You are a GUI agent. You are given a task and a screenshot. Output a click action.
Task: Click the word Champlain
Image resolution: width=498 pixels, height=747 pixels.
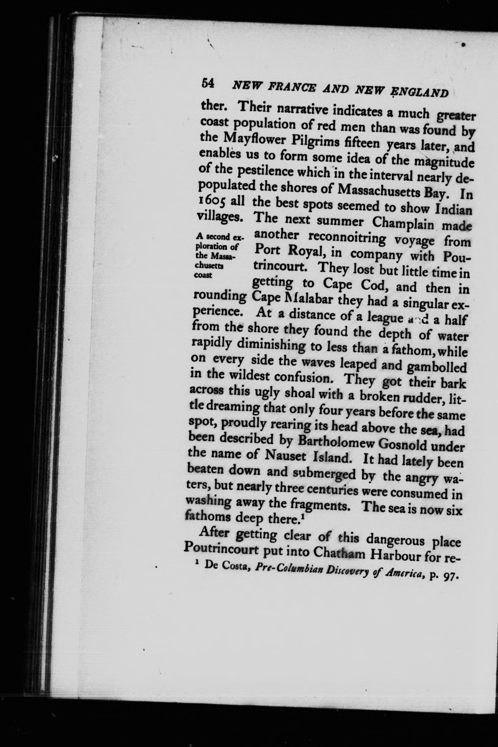pyautogui.click(x=403, y=223)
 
